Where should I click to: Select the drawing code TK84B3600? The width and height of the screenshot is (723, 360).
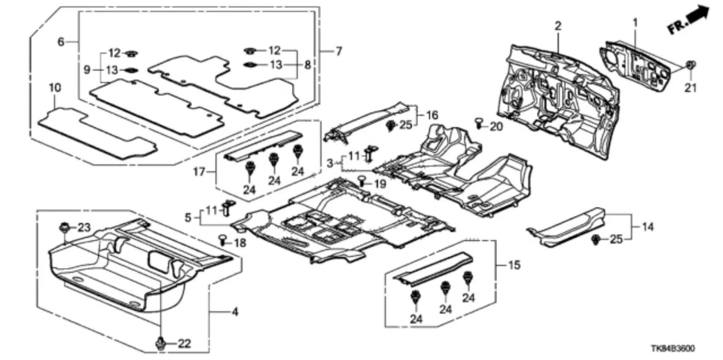673,349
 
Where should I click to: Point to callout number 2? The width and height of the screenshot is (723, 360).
558,26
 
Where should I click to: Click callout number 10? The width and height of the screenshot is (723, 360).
53,88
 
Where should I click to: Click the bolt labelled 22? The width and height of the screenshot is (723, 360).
161,343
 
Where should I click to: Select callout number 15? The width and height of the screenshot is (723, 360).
515,265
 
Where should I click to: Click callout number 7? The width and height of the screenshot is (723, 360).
339,50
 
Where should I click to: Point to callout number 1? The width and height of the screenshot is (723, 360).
634,23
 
